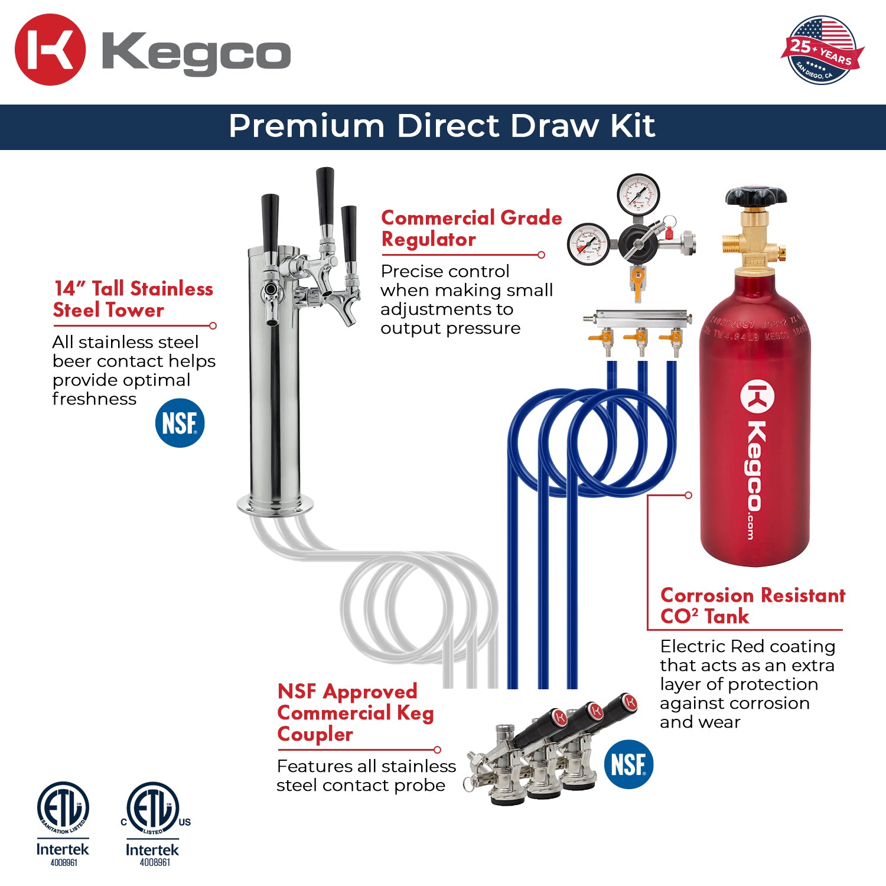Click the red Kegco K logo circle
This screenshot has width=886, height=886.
pyautogui.click(x=50, y=50)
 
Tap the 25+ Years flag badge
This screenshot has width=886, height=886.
pyautogui.click(x=822, y=51)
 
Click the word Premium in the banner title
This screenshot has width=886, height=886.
pyautogui.click(x=306, y=126)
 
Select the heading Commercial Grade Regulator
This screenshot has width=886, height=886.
pyautogui.click(x=471, y=229)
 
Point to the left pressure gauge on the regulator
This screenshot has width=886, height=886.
pyautogui.click(x=588, y=243)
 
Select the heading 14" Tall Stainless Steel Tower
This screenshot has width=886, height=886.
pyautogui.click(x=133, y=299)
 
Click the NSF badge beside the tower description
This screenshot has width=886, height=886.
pyautogui.click(x=180, y=424)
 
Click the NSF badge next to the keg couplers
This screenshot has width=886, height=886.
pyautogui.click(x=628, y=764)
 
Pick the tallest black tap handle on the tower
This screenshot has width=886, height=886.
pyautogui.click(x=325, y=195)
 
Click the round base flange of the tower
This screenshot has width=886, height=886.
pyautogui.click(x=275, y=505)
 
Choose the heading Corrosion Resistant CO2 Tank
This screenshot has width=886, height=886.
pyautogui.click(x=752, y=605)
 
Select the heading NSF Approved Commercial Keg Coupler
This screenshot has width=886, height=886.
pyautogui.click(x=355, y=712)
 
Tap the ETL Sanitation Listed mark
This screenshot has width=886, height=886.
pyautogui.click(x=63, y=809)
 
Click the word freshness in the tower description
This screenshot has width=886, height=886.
pyautogui.click(x=95, y=399)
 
